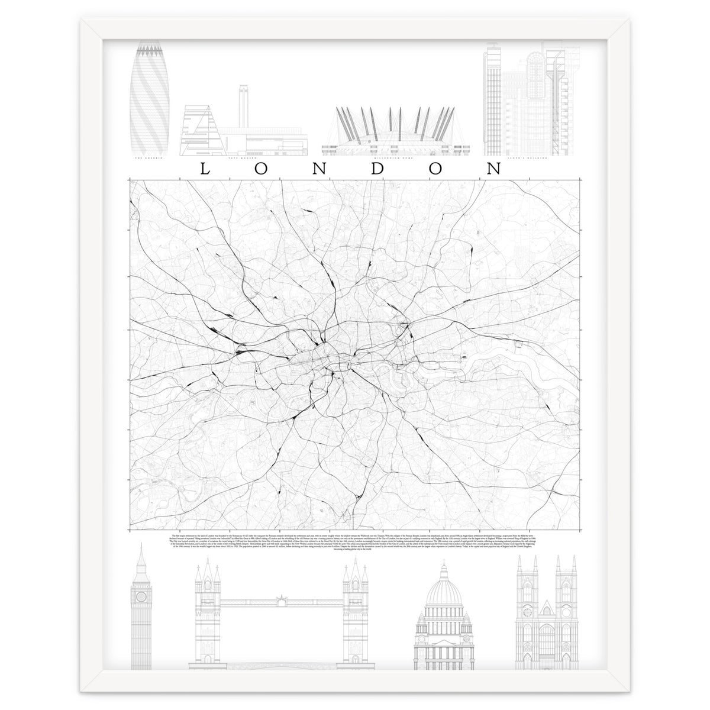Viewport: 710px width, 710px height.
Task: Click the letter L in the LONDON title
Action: pyautogui.click(x=205, y=169)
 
